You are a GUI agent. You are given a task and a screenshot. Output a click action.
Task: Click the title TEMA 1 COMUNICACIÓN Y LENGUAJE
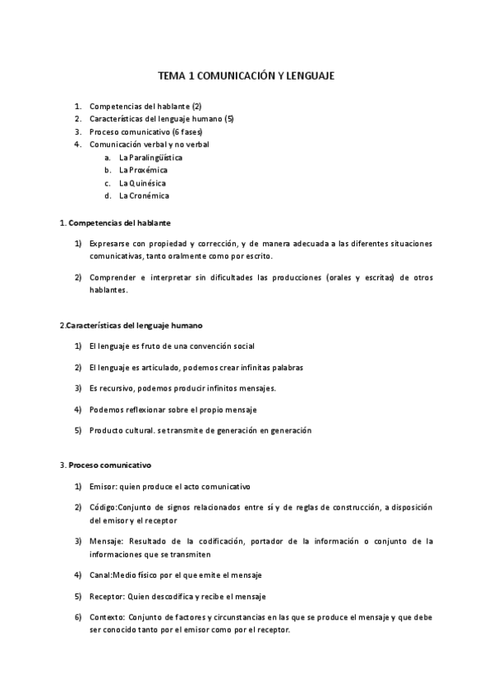[x=246, y=76]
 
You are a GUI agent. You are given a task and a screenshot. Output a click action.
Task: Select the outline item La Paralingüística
[x=150, y=157]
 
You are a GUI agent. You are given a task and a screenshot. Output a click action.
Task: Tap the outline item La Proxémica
[x=143, y=170]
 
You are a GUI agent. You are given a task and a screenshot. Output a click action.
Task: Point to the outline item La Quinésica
[x=143, y=183]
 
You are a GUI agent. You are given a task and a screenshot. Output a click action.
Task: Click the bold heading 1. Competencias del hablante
[x=115, y=222]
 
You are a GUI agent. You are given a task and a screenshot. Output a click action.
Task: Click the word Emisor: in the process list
[x=104, y=487]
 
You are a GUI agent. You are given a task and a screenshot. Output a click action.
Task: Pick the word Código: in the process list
[x=104, y=508]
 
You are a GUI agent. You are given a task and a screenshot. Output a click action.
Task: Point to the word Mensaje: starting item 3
[x=107, y=542]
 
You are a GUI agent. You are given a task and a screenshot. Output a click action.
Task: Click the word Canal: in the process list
[x=102, y=575]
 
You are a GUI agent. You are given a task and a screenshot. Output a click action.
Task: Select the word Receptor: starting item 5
[x=108, y=596]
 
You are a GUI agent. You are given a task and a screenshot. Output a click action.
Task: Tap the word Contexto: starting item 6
[x=108, y=617]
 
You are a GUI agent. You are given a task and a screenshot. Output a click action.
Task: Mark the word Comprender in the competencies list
[x=113, y=277]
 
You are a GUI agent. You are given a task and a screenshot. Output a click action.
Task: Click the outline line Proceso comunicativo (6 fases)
[x=145, y=131]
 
